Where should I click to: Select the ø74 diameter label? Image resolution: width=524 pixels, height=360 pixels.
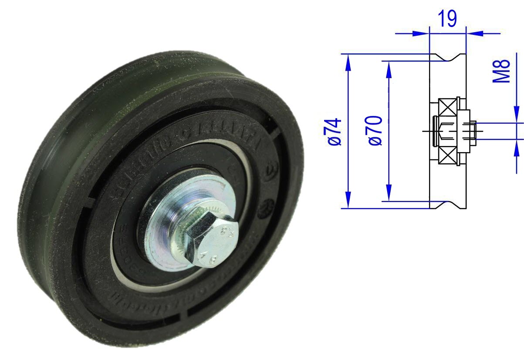[x=336, y=131]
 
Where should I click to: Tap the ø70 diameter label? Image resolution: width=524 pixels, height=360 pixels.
[x=376, y=130]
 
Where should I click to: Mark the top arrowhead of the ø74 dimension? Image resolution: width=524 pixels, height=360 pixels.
[x=348, y=61]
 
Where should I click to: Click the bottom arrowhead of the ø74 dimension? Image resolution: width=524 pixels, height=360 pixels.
[x=348, y=201]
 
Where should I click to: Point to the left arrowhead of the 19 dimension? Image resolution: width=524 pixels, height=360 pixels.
[x=422, y=32]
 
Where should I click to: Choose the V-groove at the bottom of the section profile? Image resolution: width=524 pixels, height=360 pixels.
[x=448, y=204]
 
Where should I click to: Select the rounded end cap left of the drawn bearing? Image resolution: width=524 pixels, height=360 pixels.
[x=435, y=131]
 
